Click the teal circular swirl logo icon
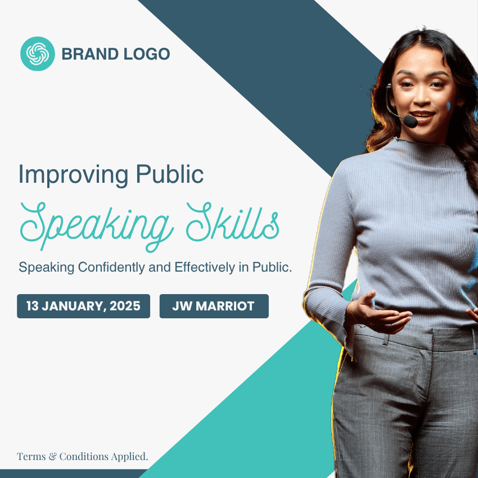(38, 53)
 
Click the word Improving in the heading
(74, 175)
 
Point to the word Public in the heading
(169, 174)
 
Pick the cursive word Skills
(232, 222)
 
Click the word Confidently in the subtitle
(111, 267)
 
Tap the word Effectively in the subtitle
(205, 267)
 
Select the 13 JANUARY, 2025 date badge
(84, 306)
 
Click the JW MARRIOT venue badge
(214, 306)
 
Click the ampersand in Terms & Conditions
(53, 457)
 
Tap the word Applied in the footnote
(129, 457)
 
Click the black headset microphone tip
(411, 121)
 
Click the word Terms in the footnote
(31, 457)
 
